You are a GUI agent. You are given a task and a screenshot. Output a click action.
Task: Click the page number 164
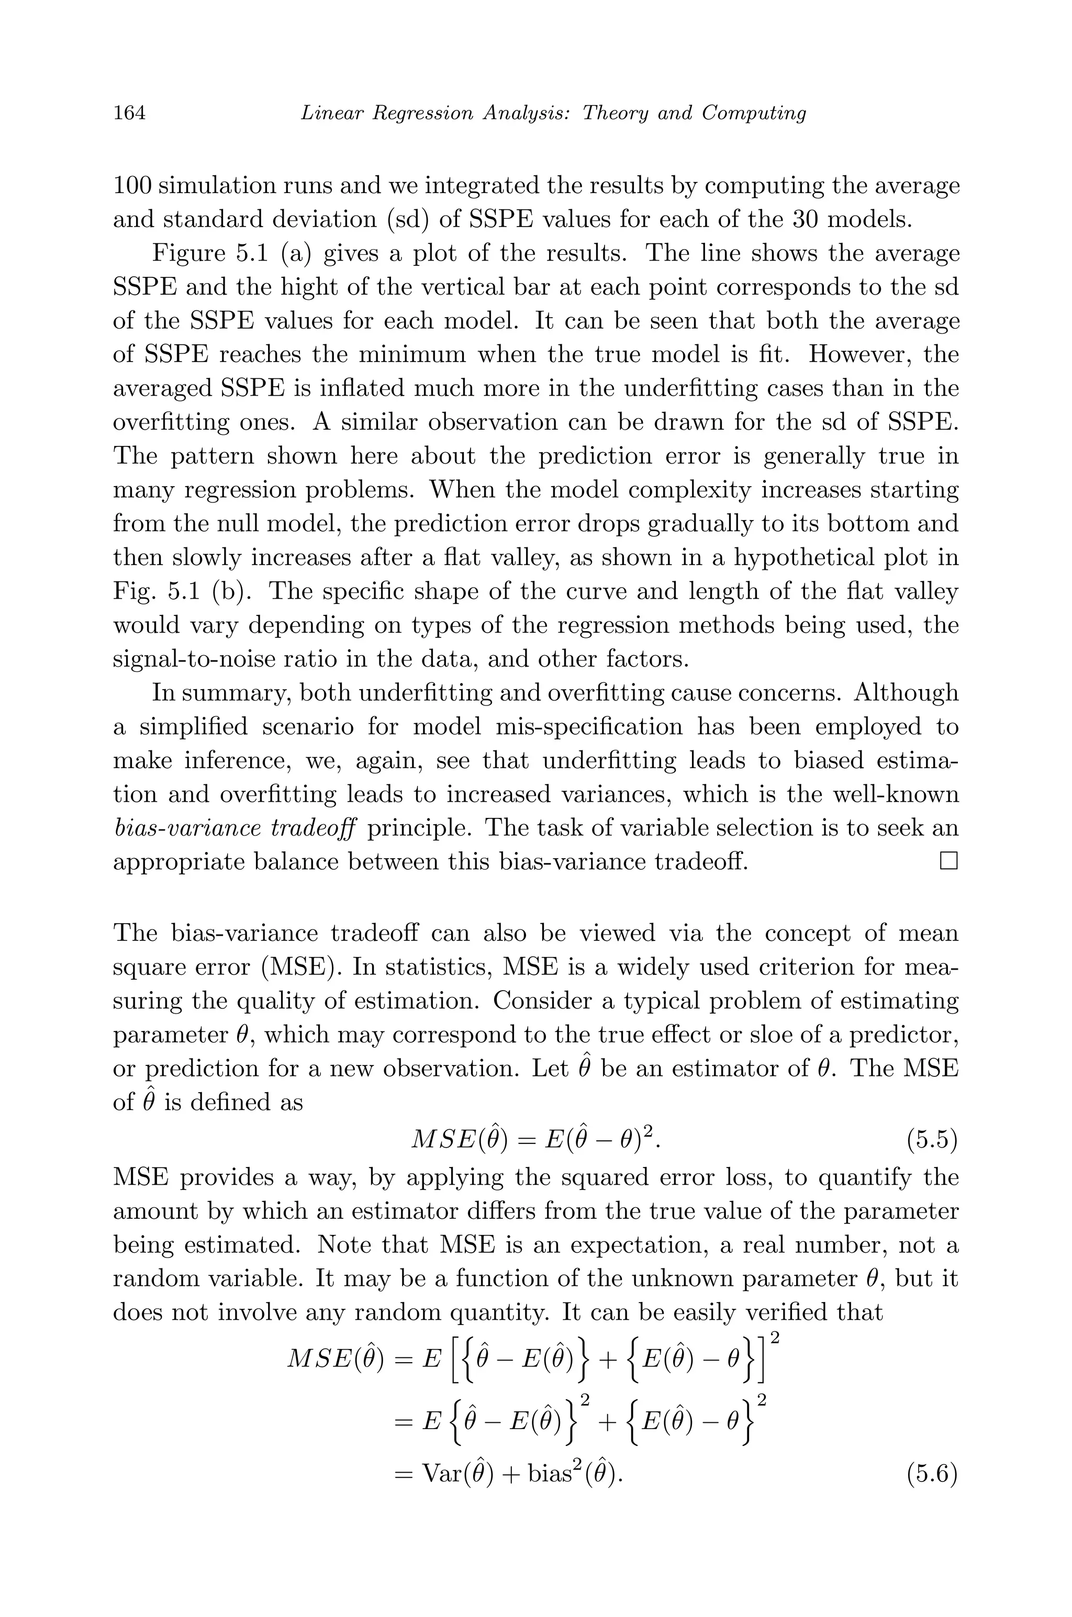(x=129, y=113)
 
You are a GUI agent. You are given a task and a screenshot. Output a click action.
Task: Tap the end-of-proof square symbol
(x=948, y=861)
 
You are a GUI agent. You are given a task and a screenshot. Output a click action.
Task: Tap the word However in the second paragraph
(x=857, y=355)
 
